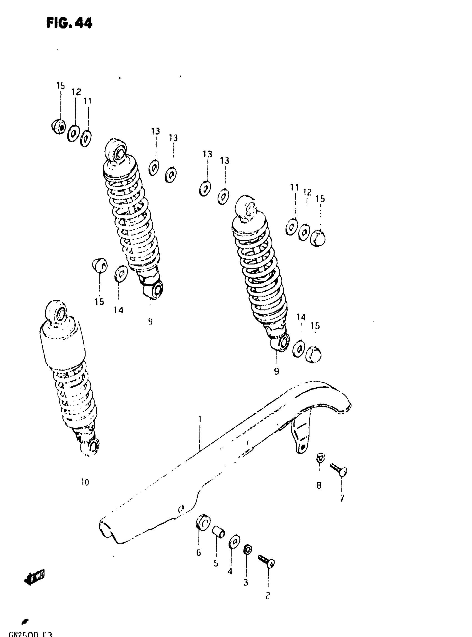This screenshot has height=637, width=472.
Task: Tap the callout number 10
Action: (85, 482)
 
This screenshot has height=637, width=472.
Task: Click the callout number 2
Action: (267, 596)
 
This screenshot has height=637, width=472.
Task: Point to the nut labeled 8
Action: (320, 458)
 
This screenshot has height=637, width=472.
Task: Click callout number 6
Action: (199, 553)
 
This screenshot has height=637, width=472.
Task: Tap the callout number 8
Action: (319, 485)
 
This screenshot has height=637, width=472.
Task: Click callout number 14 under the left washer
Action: (119, 310)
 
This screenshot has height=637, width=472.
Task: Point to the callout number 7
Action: (342, 498)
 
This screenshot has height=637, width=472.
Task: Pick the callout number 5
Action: (216, 564)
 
